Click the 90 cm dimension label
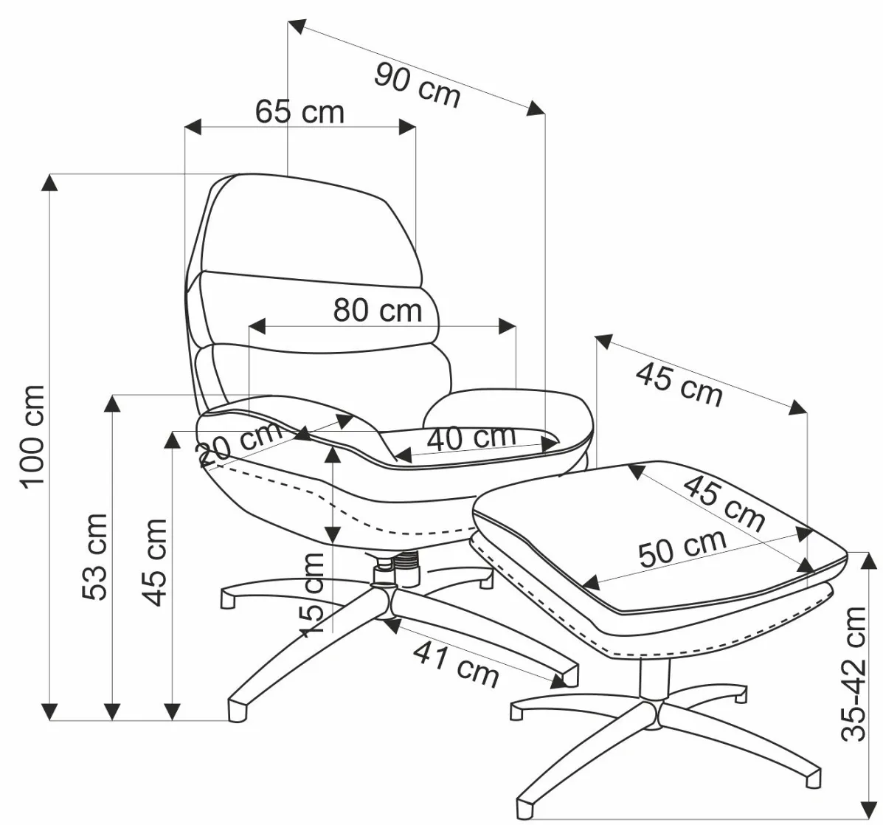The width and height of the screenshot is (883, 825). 417,85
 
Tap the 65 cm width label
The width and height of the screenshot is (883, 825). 299,112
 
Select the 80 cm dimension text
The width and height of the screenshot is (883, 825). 377,311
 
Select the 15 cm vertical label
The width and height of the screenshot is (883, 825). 312,594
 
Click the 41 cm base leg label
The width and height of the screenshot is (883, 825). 455,662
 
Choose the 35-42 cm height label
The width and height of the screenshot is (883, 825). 856,673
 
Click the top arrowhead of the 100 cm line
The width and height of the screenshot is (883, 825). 49,181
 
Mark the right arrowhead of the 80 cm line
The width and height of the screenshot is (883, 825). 508,325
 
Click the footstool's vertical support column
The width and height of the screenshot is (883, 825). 651,677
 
